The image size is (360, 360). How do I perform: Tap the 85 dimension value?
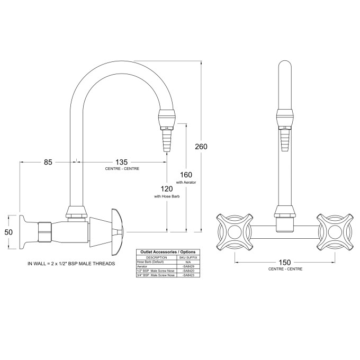coord(48,162)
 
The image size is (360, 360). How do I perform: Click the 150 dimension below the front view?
coord(285,263)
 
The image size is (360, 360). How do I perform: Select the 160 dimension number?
coord(186,174)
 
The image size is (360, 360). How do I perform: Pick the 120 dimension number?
coord(167,189)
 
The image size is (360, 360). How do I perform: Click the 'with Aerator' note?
coord(186,182)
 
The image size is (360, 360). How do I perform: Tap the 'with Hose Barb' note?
coord(167,196)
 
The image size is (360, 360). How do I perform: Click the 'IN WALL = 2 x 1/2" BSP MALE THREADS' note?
coord(72,263)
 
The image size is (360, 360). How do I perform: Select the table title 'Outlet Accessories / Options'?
coord(166,251)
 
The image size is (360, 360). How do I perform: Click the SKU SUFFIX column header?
coord(187,257)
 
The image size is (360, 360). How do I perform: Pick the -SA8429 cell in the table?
coord(187,266)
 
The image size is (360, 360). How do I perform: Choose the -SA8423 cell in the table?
coord(187,275)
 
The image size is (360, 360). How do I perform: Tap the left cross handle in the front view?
coord(232,231)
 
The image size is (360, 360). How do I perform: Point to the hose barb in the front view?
coord(285,140)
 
